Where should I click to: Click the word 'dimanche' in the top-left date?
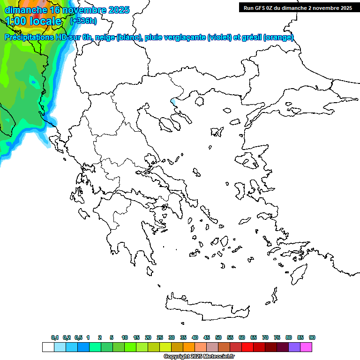25,10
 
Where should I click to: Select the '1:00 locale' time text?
33,21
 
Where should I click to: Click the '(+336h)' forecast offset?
83,21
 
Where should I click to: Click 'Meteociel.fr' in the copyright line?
218,357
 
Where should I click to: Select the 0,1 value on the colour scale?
55,338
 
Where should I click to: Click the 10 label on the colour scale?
124,338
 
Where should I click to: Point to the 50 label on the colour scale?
218,338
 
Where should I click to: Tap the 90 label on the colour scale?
312,338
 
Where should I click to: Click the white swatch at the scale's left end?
48,347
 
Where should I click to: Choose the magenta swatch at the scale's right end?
306,347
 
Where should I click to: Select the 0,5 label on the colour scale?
78,338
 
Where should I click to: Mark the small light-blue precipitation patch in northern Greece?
174,101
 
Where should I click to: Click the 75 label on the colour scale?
277,338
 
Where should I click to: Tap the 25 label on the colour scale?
160,338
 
